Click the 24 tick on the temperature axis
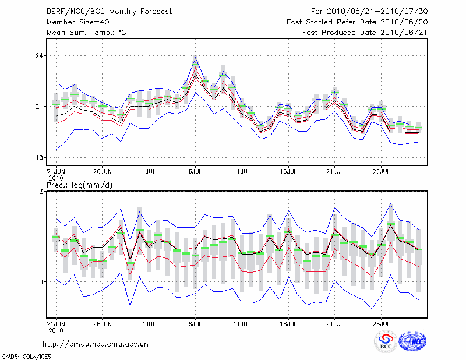[x=39, y=56]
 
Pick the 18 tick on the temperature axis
[x=39, y=158]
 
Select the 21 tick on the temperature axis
[x=39, y=107]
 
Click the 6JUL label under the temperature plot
[x=195, y=172]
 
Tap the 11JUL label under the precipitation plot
[x=242, y=322]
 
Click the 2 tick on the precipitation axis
[x=41, y=192]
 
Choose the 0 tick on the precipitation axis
[x=41, y=282]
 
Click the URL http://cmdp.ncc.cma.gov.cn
[x=96, y=344]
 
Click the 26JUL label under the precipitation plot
[x=381, y=322]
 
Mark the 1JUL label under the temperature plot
[x=149, y=172]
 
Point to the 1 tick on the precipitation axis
[x=41, y=237]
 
